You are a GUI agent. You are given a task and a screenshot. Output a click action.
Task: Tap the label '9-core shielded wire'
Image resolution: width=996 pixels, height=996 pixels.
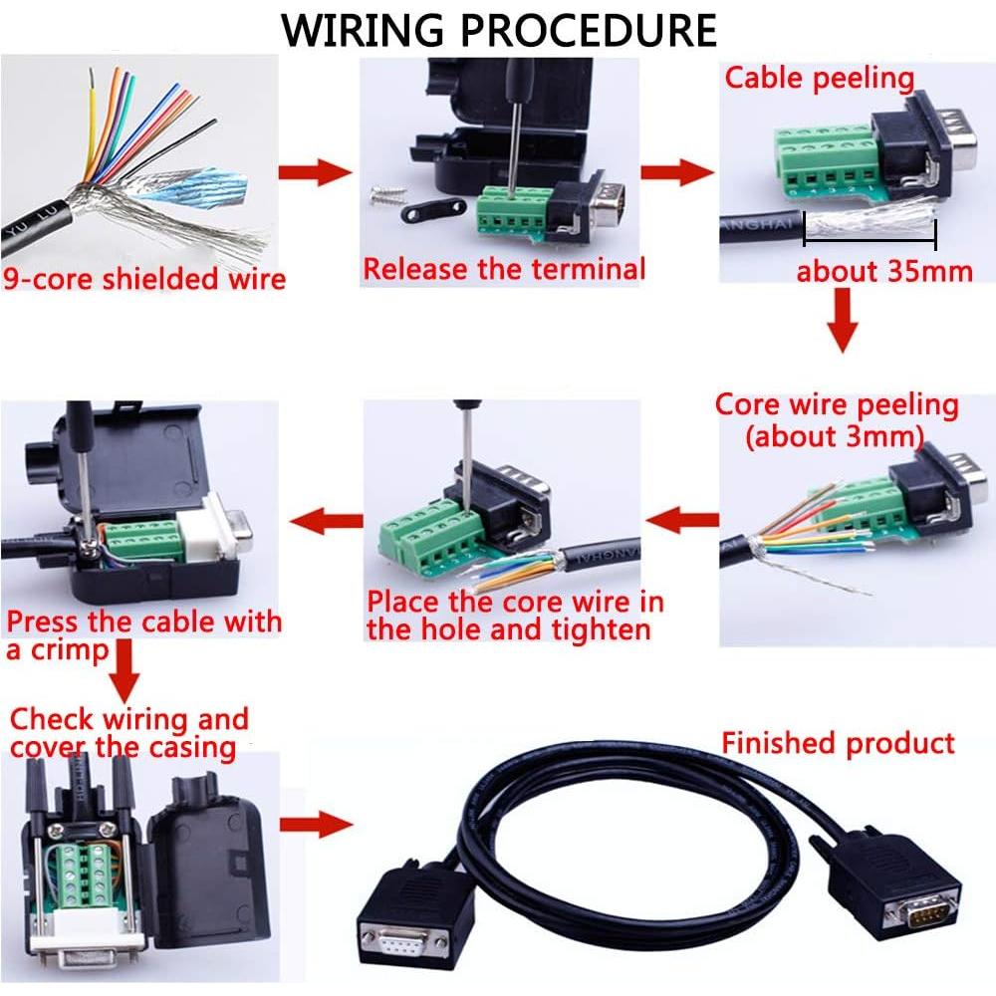click(x=144, y=278)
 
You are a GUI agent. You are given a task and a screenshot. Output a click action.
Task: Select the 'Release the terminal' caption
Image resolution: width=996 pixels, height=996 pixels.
click(x=504, y=269)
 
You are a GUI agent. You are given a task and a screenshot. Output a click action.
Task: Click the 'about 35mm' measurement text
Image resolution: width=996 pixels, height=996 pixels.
click(x=884, y=270)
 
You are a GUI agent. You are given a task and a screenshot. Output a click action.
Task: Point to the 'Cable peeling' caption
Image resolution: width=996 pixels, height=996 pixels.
click(x=819, y=79)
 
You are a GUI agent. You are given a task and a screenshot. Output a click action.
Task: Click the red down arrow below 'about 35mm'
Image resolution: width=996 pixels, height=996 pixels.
click(x=844, y=321)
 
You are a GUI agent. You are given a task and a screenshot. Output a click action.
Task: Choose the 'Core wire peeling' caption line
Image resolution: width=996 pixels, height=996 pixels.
click(x=837, y=405)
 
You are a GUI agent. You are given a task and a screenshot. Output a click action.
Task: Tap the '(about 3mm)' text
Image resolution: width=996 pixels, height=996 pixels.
click(x=835, y=436)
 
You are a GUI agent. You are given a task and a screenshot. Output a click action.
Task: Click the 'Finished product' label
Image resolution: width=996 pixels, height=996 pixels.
click(x=838, y=743)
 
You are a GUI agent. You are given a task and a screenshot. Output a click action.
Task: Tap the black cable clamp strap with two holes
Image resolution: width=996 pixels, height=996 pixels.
click(x=434, y=208)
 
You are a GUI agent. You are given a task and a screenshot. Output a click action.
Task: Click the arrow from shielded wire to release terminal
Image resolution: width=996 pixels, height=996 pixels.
click(x=316, y=172)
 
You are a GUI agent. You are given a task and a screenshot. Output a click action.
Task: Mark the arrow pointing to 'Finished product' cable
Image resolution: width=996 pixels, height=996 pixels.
click(x=316, y=824)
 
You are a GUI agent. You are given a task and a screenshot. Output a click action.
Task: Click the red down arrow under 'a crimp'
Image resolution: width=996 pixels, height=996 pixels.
click(x=125, y=672)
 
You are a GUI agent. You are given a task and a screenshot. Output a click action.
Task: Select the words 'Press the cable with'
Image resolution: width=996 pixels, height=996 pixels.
click(x=144, y=623)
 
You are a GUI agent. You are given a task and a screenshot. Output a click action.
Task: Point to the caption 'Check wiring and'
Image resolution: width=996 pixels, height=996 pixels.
click(x=128, y=718)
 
